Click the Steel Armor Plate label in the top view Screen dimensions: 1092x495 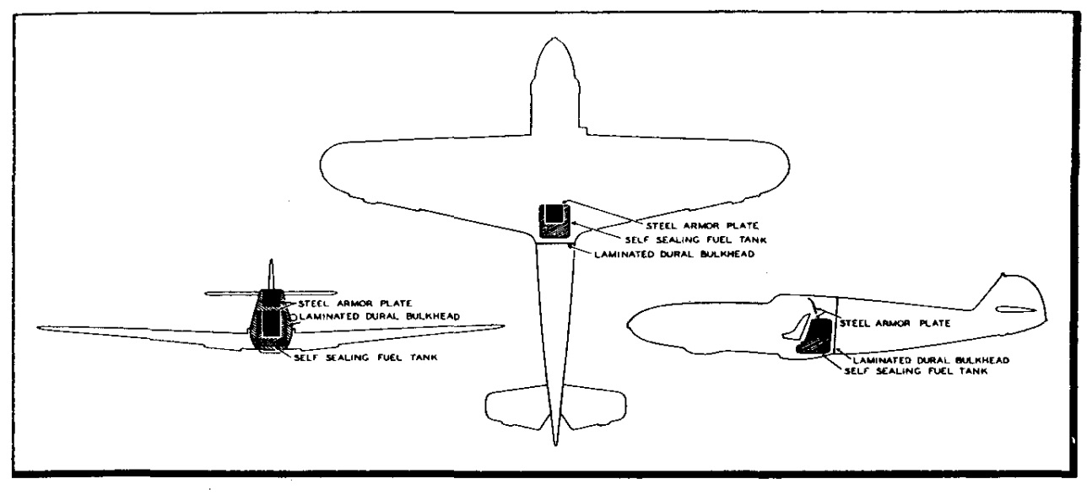click(702, 226)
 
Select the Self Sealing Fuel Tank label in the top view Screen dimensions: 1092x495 click(695, 240)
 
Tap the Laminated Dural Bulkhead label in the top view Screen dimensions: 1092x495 click(674, 255)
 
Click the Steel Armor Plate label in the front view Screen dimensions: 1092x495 click(355, 304)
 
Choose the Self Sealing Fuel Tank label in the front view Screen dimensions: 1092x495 click(365, 358)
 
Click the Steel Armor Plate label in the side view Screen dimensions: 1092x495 click(895, 324)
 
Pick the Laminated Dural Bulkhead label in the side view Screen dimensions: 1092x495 click(931, 361)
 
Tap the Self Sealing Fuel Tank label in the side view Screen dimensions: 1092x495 click(916, 371)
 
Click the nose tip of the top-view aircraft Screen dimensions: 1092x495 click(554, 37)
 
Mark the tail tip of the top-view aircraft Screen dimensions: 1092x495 click(555, 444)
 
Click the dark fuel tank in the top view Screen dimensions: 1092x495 click(554, 221)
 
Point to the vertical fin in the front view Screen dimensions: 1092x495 click(272, 274)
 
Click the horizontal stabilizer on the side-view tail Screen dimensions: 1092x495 click(1015, 309)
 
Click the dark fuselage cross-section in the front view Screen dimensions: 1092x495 click(271, 320)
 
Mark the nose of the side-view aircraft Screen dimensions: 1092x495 click(629, 322)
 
